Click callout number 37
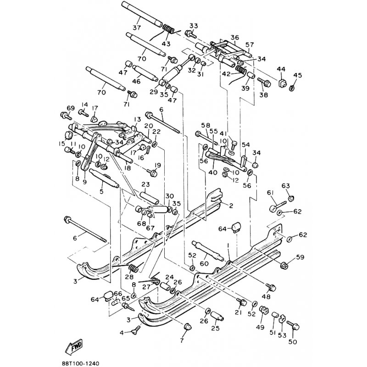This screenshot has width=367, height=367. [x=137, y=28]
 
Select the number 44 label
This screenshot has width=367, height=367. [x=281, y=69]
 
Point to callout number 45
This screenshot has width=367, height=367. [x=298, y=76]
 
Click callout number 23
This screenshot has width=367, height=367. [x=146, y=185]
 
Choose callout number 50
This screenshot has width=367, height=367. [x=292, y=342]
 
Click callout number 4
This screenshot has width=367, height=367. [x=122, y=332]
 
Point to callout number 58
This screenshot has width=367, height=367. [x=205, y=125]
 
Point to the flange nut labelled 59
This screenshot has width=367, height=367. [x=283, y=265]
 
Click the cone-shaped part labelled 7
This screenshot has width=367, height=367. [x=187, y=327]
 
